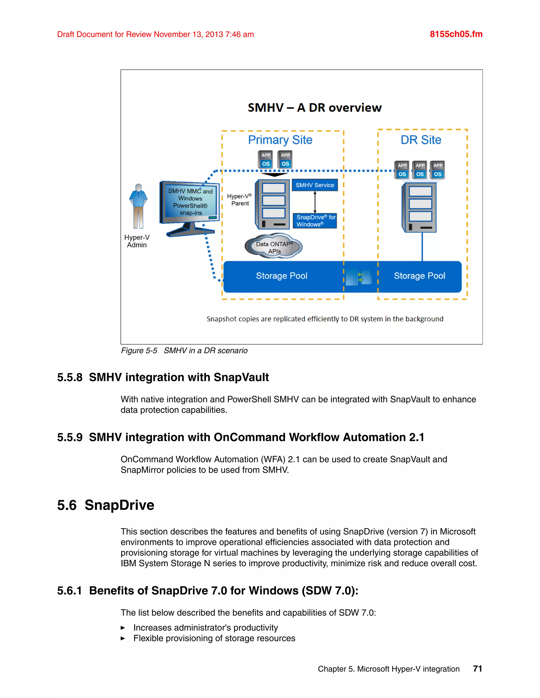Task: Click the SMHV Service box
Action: pyautogui.click(x=315, y=185)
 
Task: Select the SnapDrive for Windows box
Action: pyautogui.click(x=315, y=221)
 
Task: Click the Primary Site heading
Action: pyautogui.click(x=280, y=140)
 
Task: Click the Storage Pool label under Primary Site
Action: pyautogui.click(x=282, y=276)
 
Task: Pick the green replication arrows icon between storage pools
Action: pyautogui.click(x=360, y=277)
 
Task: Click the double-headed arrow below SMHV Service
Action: pyautogui.click(x=315, y=202)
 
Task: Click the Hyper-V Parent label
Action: pyautogui.click(x=240, y=200)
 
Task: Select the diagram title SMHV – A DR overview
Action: pyautogui.click(x=315, y=108)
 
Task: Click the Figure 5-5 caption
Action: pyautogui.click(x=184, y=351)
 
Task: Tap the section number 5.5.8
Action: pyautogui.click(x=70, y=377)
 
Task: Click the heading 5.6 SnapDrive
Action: pyautogui.click(x=105, y=505)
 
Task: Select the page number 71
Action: pyautogui.click(x=477, y=668)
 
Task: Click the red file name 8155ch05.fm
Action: pyautogui.click(x=456, y=34)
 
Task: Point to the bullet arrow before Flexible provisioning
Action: pyautogui.click(x=123, y=638)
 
